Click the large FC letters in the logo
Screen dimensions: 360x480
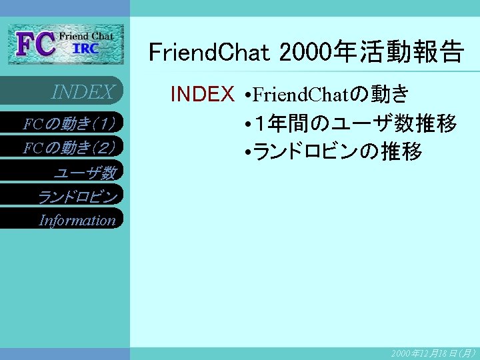(x=37, y=45)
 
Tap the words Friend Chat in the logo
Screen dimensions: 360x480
(x=86, y=35)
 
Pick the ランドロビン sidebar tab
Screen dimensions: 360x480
(x=77, y=197)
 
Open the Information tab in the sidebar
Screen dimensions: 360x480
(x=77, y=220)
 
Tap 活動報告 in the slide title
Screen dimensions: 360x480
(x=420, y=52)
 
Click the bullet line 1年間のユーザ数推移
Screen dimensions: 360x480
(x=353, y=123)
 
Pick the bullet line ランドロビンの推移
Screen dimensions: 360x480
(x=337, y=152)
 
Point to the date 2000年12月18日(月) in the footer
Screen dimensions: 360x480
(x=433, y=353)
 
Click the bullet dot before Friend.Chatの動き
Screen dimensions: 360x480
(x=247, y=95)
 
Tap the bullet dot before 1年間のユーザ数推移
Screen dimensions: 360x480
(x=247, y=124)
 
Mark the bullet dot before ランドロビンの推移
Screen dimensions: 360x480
(x=247, y=153)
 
